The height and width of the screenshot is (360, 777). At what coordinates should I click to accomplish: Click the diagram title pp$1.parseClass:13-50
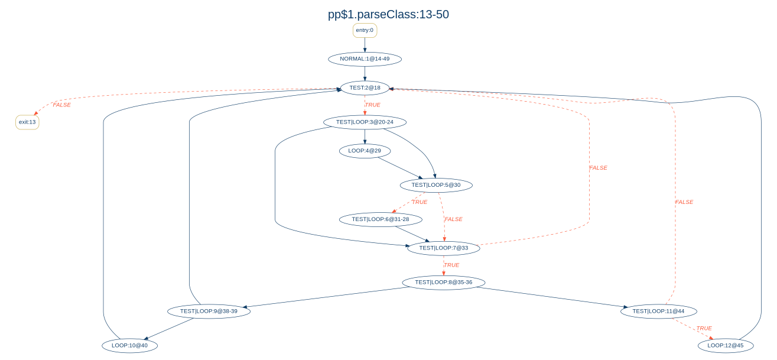(388, 15)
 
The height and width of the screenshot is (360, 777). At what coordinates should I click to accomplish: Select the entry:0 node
(365, 30)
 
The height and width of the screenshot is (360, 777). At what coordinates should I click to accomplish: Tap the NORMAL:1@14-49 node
(365, 59)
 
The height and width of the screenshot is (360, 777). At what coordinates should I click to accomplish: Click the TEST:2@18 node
(365, 88)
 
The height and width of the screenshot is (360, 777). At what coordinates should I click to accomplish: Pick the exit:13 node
(27, 122)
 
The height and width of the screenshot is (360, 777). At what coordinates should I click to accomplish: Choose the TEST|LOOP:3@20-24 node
(365, 122)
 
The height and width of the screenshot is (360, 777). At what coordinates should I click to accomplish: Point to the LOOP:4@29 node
(365, 151)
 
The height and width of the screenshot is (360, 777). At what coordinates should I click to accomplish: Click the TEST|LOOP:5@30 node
(435, 185)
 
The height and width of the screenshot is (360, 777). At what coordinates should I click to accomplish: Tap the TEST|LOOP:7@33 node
(443, 248)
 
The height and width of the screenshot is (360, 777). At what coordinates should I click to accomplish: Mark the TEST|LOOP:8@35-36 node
(443, 283)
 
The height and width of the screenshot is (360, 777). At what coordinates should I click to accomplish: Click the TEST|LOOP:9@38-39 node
(209, 311)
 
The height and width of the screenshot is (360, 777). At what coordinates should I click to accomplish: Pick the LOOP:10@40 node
(130, 345)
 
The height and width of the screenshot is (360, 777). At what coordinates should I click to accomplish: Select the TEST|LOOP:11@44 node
(659, 311)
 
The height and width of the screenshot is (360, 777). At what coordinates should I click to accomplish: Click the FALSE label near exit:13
(61, 105)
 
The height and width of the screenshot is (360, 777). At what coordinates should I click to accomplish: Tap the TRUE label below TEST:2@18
(373, 105)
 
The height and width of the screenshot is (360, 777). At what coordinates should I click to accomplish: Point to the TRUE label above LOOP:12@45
(704, 328)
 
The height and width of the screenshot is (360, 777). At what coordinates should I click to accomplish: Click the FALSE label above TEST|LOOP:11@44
(684, 202)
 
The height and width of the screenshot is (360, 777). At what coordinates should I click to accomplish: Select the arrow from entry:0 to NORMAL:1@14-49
(365, 45)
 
